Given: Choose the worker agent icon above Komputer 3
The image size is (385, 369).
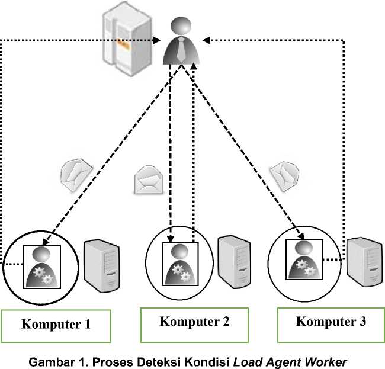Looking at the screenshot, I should pyautogui.click(x=304, y=259).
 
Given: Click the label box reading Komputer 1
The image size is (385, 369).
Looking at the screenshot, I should pyautogui.click(x=56, y=325).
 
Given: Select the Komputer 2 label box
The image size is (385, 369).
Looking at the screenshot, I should pyautogui.click(x=194, y=323).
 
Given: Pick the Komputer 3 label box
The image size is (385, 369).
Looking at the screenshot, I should pyautogui.click(x=331, y=323).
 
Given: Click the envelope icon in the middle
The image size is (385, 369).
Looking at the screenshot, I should pyautogui.click(x=148, y=180).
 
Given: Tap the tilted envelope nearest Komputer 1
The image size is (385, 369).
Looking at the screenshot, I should pyautogui.click(x=77, y=174).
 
